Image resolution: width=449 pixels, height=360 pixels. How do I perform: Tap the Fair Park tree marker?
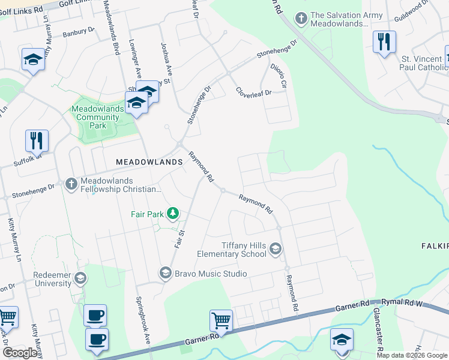(x=173, y=213)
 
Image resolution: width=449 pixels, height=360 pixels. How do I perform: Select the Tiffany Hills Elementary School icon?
(x=275, y=249)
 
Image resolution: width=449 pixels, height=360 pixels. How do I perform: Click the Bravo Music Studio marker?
(x=165, y=274)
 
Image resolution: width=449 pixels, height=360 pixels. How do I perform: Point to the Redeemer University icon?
(x=80, y=278)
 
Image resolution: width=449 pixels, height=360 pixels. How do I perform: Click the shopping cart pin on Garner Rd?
(x=221, y=320)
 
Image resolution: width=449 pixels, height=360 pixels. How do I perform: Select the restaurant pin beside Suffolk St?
(x=37, y=141)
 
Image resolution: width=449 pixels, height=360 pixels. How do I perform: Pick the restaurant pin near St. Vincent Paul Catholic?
(x=384, y=42)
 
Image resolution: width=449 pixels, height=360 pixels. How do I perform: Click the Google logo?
(x=20, y=353)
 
